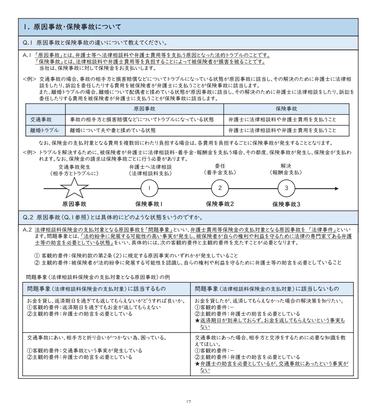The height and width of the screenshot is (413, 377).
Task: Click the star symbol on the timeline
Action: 74,188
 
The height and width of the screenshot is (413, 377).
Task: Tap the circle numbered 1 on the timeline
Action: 149,188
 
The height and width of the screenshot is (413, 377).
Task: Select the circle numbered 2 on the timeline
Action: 220,188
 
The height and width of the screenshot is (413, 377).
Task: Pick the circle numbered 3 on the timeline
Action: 286,188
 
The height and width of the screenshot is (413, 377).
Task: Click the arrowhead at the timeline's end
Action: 336,188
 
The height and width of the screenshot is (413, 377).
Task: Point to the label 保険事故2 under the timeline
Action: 220,204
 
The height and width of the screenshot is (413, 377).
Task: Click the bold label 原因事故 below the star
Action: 74,204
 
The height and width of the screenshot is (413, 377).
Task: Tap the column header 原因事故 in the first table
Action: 144,109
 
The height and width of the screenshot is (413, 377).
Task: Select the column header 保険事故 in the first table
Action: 286,109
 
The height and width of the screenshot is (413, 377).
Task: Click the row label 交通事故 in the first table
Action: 41,119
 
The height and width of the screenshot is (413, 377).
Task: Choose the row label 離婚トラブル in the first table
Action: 44,130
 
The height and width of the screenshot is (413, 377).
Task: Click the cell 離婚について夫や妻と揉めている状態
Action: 113,130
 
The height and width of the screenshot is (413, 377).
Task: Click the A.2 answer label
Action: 27,230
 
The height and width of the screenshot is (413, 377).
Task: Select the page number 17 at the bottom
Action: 188,401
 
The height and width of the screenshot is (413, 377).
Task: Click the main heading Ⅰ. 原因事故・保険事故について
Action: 72,27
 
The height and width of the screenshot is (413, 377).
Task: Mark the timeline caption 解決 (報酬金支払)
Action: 286,169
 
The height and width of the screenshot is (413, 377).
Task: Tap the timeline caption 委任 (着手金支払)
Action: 220,169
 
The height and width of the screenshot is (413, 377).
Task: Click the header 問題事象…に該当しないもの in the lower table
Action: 267,289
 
